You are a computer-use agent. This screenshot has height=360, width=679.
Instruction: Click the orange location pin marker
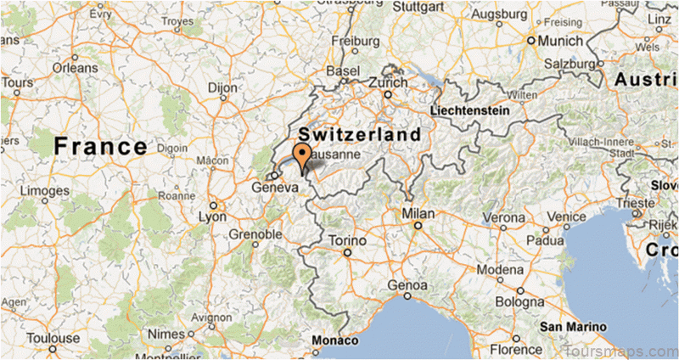(x=301, y=156)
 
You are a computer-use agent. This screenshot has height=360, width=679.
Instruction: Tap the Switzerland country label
(x=359, y=135)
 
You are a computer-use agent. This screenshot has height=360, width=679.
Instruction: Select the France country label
(x=100, y=146)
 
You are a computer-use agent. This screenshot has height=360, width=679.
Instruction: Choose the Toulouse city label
(x=52, y=338)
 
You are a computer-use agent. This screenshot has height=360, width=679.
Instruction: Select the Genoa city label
(x=405, y=284)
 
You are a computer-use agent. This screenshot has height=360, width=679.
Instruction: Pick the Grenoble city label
(x=255, y=233)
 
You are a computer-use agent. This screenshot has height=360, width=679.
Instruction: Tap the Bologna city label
(x=519, y=301)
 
